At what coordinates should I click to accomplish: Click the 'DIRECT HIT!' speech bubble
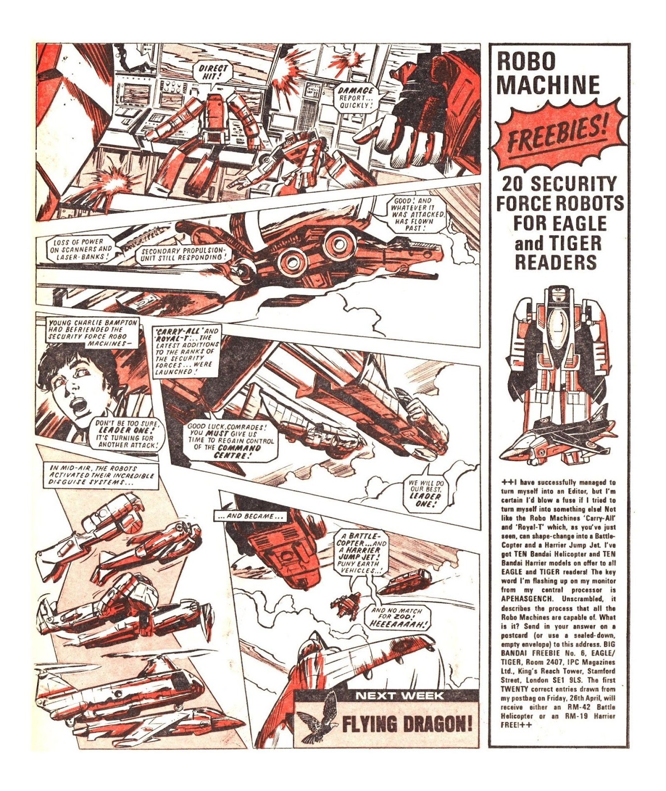point(214,73)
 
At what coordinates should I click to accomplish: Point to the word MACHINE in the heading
point(548,85)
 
